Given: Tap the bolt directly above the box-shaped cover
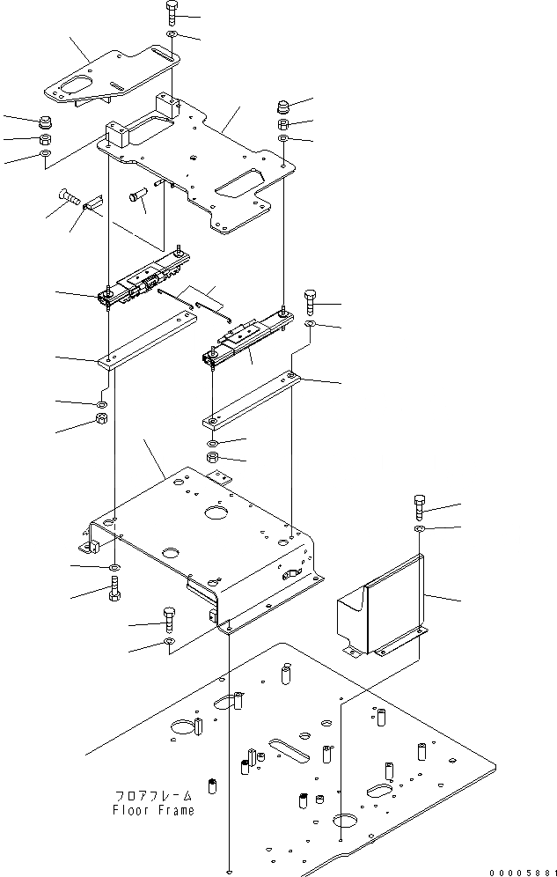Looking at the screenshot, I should click(419, 507).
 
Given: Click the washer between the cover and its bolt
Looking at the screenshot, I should click(420, 528).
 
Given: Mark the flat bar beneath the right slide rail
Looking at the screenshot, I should click(252, 398).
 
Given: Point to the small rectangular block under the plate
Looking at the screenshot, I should click(94, 203).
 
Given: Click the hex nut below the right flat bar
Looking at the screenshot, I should click(213, 458).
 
